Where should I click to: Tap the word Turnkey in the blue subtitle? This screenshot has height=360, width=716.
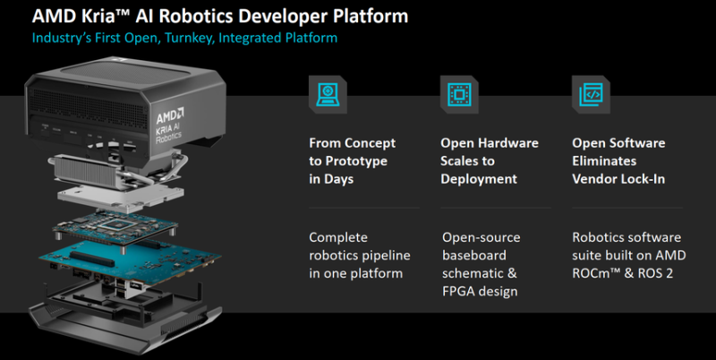(x=188, y=38)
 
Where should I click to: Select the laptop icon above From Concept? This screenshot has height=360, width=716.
(x=328, y=95)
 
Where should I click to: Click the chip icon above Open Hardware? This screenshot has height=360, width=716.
(x=459, y=95)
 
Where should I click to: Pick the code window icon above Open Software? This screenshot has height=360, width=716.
(x=591, y=95)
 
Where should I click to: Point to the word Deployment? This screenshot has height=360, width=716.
(x=479, y=179)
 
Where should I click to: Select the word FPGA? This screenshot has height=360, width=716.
(x=456, y=291)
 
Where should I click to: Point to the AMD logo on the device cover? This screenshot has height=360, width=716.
(x=170, y=116)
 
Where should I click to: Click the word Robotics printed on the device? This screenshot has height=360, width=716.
(x=168, y=137)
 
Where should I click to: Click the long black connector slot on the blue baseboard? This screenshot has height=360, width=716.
(x=92, y=259)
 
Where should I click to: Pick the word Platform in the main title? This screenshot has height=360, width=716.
(x=371, y=16)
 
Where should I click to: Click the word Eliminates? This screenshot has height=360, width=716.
(x=604, y=161)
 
